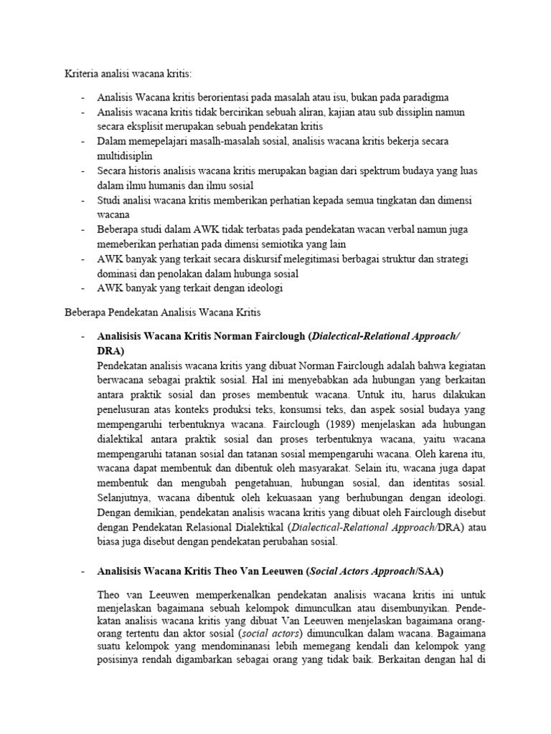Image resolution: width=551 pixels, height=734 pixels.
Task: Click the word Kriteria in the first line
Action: tap(76, 73)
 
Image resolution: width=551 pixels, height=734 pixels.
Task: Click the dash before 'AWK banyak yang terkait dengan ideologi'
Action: tap(83, 288)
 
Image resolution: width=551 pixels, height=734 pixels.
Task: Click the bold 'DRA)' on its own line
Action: tap(110, 351)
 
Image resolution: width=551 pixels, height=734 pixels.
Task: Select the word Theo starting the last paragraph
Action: tap(110, 595)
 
